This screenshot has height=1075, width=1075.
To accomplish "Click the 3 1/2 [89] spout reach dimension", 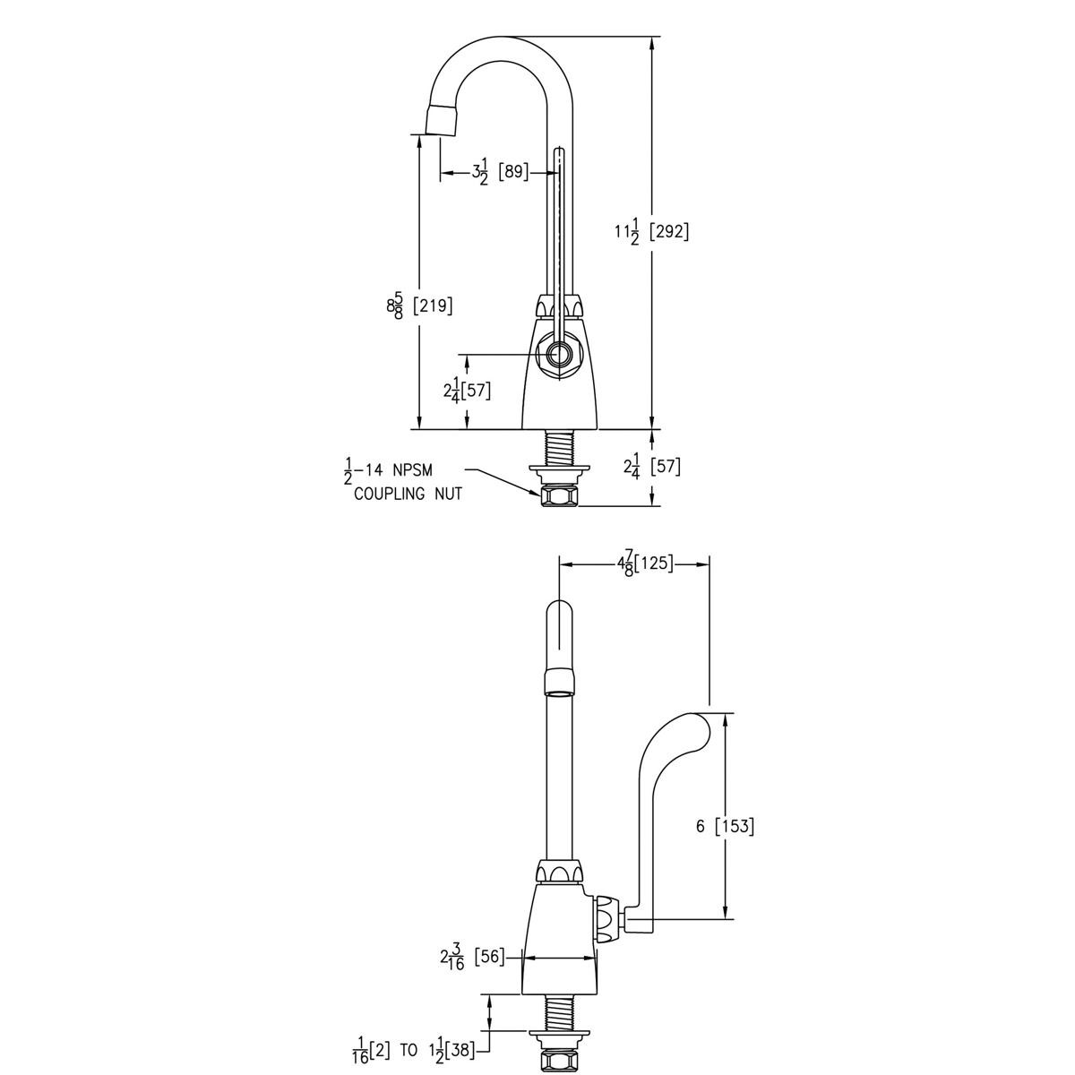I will [501, 171].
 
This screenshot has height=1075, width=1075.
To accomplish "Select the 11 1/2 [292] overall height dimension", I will [650, 231].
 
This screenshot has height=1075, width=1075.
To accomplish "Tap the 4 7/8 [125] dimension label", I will [644, 563].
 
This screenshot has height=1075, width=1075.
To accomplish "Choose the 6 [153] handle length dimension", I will [725, 826].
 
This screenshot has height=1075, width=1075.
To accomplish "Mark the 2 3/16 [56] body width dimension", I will [472, 958].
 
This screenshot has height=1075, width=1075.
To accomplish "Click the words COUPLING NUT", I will [408, 494].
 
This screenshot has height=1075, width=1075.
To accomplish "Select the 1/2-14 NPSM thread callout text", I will [390, 469].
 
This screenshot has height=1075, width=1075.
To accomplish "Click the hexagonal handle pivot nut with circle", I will [558, 356].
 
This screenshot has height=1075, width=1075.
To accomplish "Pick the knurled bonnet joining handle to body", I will [608, 918].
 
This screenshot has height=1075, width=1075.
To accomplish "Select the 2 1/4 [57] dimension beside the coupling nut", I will [651, 467].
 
